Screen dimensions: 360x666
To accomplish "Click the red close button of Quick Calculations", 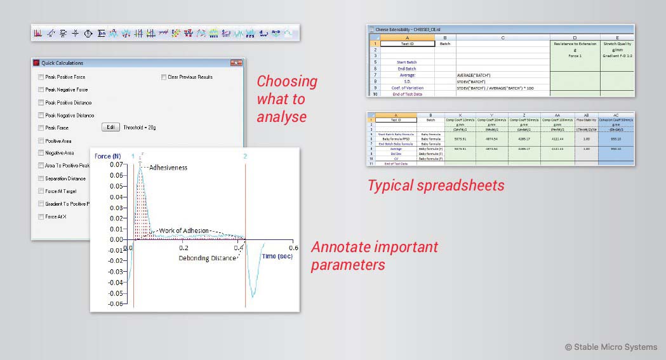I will (x=236, y=63).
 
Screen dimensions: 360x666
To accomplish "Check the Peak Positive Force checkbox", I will (x=41, y=77).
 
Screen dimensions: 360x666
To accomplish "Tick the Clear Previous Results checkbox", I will (x=164, y=77).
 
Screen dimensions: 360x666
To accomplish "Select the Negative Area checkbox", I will (x=41, y=153).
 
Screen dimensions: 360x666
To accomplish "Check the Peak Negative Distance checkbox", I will (x=41, y=116).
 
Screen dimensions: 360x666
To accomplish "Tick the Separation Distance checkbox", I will (x=41, y=178).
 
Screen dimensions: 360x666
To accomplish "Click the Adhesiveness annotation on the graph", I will (x=168, y=168).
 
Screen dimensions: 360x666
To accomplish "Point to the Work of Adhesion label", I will (x=183, y=230).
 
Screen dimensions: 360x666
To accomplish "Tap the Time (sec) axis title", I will (x=277, y=256).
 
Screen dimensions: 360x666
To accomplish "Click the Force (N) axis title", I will (x=107, y=156).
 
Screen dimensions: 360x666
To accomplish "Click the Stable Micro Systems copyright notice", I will (x=611, y=347).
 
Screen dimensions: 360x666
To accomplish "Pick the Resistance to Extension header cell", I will (x=575, y=44).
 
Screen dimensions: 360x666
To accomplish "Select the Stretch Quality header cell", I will (x=616, y=44).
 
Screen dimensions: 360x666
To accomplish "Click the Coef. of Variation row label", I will (x=407, y=88).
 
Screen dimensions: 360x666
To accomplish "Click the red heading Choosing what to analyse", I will (x=287, y=99).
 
